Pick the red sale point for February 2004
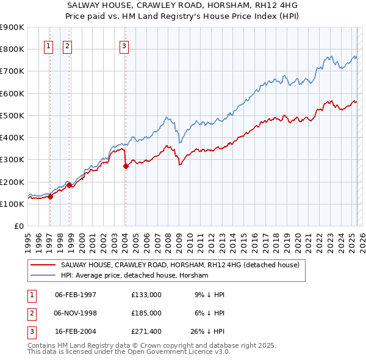tap(126, 166)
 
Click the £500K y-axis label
tap(13, 115)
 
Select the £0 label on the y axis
tap(19, 226)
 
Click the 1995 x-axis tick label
tap(27, 238)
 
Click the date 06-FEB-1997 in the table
tap(76, 294)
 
